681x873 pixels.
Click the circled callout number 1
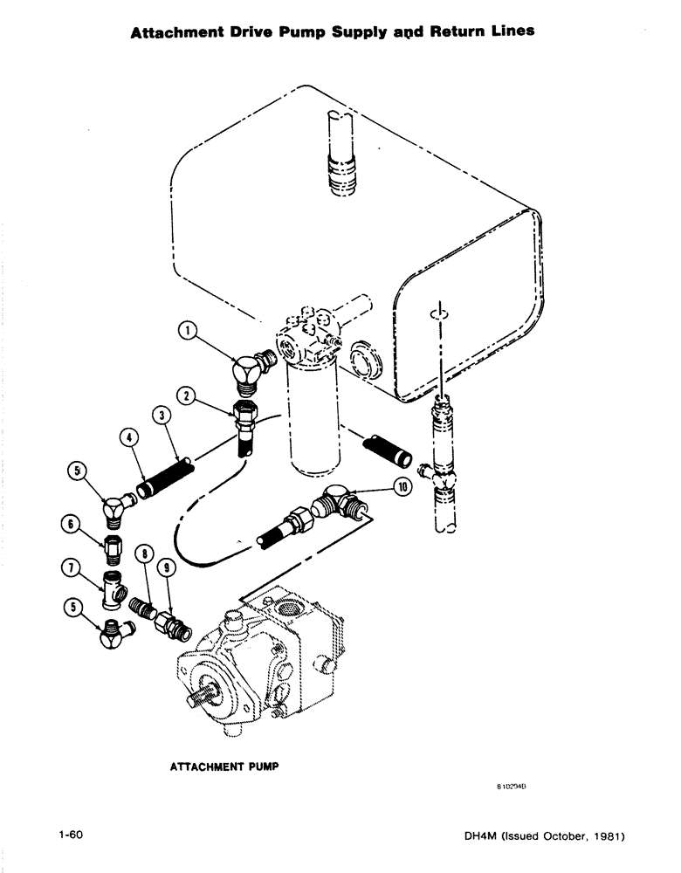[187, 331]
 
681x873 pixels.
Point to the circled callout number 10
[403, 487]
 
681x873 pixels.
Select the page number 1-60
[66, 835]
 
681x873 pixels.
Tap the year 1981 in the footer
[602, 836]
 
